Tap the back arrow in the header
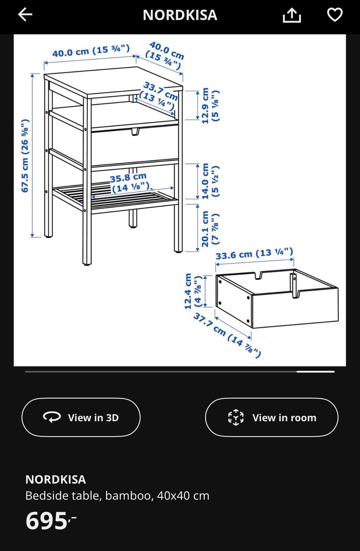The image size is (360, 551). coord(25,14)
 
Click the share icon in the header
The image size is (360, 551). coord(292,15)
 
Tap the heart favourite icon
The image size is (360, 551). coord(334,15)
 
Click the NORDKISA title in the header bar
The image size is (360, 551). coord(180,15)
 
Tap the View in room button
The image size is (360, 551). coord(271,418)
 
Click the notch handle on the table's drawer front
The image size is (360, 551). coord(135,132)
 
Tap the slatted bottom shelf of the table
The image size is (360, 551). coord(115,197)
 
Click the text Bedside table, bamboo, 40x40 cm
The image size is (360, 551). coord(117,496)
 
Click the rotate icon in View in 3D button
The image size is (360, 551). coord(52,418)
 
